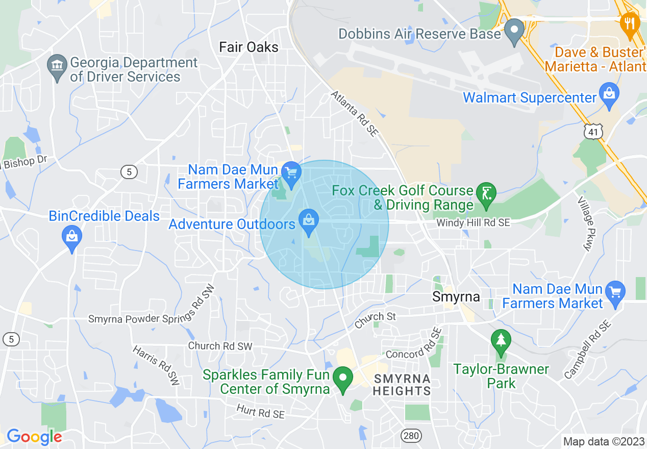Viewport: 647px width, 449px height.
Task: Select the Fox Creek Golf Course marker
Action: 486,194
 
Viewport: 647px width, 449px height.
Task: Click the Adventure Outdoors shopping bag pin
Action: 308,221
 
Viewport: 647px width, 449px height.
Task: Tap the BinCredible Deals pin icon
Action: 72,238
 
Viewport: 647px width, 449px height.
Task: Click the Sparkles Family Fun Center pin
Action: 343,379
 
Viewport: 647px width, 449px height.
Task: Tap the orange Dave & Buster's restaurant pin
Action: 631,24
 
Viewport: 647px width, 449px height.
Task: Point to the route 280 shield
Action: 410,436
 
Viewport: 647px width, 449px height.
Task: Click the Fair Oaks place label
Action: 248,47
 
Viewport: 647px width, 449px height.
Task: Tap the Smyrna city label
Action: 456,296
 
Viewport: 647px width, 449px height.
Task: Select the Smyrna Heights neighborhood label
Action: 402,385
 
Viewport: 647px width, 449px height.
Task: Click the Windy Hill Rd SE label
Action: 473,223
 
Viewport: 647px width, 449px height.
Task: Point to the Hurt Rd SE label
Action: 260,411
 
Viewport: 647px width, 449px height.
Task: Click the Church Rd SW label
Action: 220,346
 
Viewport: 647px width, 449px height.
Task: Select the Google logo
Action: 34,437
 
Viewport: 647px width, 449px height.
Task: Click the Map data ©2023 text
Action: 604,441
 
